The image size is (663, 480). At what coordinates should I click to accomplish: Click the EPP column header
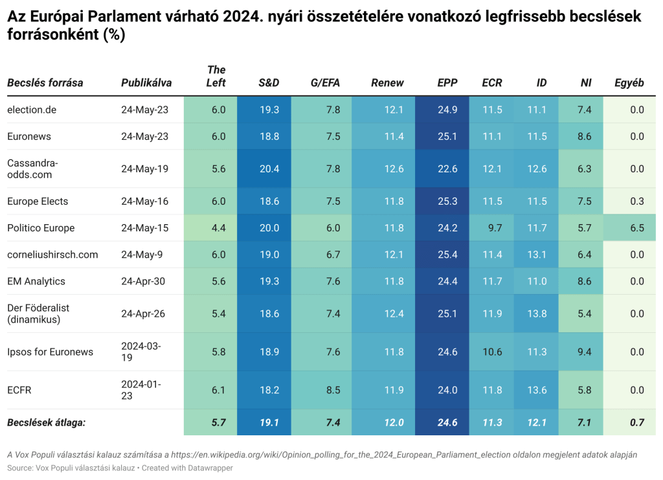pos(447,83)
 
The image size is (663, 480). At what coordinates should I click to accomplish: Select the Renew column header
pos(387,83)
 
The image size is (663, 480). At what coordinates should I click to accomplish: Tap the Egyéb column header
pos(629,83)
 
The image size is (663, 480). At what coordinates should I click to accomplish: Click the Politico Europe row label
pos(41,228)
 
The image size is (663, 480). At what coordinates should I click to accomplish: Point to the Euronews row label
pos(29,137)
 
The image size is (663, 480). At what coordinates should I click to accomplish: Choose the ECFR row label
pos(19,390)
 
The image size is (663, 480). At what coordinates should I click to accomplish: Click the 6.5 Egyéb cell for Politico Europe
pos(636,228)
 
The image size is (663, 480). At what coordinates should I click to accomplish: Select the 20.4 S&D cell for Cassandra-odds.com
pos(269,169)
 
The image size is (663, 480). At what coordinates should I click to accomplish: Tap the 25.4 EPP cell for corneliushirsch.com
pos(447,255)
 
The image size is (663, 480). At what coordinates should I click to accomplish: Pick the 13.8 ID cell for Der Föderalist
pos(537,314)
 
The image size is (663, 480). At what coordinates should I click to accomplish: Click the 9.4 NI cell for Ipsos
pos(584,352)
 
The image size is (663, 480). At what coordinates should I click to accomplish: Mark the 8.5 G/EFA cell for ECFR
pos(333,390)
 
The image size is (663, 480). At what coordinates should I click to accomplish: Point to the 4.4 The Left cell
pos(218,228)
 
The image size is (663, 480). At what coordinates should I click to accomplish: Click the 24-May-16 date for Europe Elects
pos(144,201)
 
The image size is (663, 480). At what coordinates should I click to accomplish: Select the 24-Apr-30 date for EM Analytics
pos(144,281)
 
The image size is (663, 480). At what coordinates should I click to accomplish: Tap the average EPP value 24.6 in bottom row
pos(447,422)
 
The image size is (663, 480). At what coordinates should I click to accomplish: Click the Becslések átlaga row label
pos(46,422)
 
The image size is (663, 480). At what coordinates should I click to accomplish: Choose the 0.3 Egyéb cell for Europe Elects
pos(636,201)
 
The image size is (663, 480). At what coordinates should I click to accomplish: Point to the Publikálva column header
pos(146,83)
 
